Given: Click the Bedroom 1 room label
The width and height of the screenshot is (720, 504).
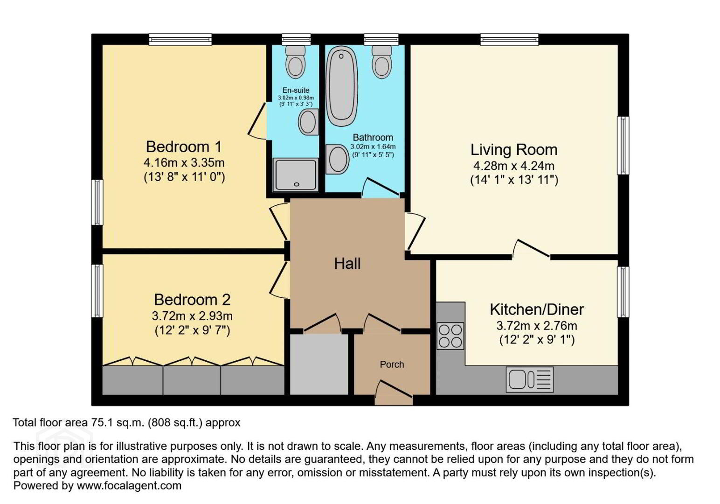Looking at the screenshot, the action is click(184, 147).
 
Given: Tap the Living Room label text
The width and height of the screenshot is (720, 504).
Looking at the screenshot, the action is click(514, 150).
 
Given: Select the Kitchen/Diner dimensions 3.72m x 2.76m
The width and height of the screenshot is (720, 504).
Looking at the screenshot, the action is click(537, 326).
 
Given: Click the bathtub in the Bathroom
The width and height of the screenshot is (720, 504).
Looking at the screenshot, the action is click(341, 86).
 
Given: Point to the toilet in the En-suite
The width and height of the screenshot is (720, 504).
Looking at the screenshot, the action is click(296, 62).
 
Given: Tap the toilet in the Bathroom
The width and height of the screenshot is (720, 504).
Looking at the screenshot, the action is click(382, 62).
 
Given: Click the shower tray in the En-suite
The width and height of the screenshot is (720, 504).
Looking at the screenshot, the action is click(296, 175).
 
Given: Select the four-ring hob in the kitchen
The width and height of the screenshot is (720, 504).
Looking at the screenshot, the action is click(450, 336).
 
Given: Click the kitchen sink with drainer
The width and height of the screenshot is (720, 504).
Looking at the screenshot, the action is click(530, 379).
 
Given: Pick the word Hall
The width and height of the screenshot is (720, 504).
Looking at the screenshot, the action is click(347, 263).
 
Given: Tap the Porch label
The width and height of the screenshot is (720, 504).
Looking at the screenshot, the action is click(392, 364).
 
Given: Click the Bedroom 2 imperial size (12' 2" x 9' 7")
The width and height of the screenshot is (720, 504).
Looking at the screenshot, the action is click(192, 331).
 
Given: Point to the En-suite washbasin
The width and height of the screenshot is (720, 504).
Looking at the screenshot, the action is click(308, 122).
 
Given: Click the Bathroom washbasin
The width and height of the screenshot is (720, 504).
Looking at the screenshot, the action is click(337, 159).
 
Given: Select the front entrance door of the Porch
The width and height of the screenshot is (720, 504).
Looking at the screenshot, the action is click(394, 393).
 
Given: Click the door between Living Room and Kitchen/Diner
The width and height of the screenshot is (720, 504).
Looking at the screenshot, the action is click(531, 249).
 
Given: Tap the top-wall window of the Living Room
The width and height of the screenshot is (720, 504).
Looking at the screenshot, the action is click(510, 39).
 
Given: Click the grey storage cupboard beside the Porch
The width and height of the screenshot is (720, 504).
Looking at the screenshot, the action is click(319, 364).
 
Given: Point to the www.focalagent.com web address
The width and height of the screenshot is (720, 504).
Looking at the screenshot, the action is click(129, 485).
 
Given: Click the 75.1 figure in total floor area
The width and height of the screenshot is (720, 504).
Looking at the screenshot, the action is click(102, 422).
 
